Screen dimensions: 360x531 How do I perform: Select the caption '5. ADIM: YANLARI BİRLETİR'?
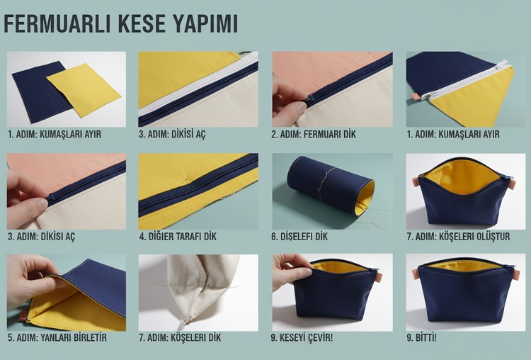tap(57, 338)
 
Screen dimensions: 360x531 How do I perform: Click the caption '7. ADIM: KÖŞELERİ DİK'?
tap(180, 338)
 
